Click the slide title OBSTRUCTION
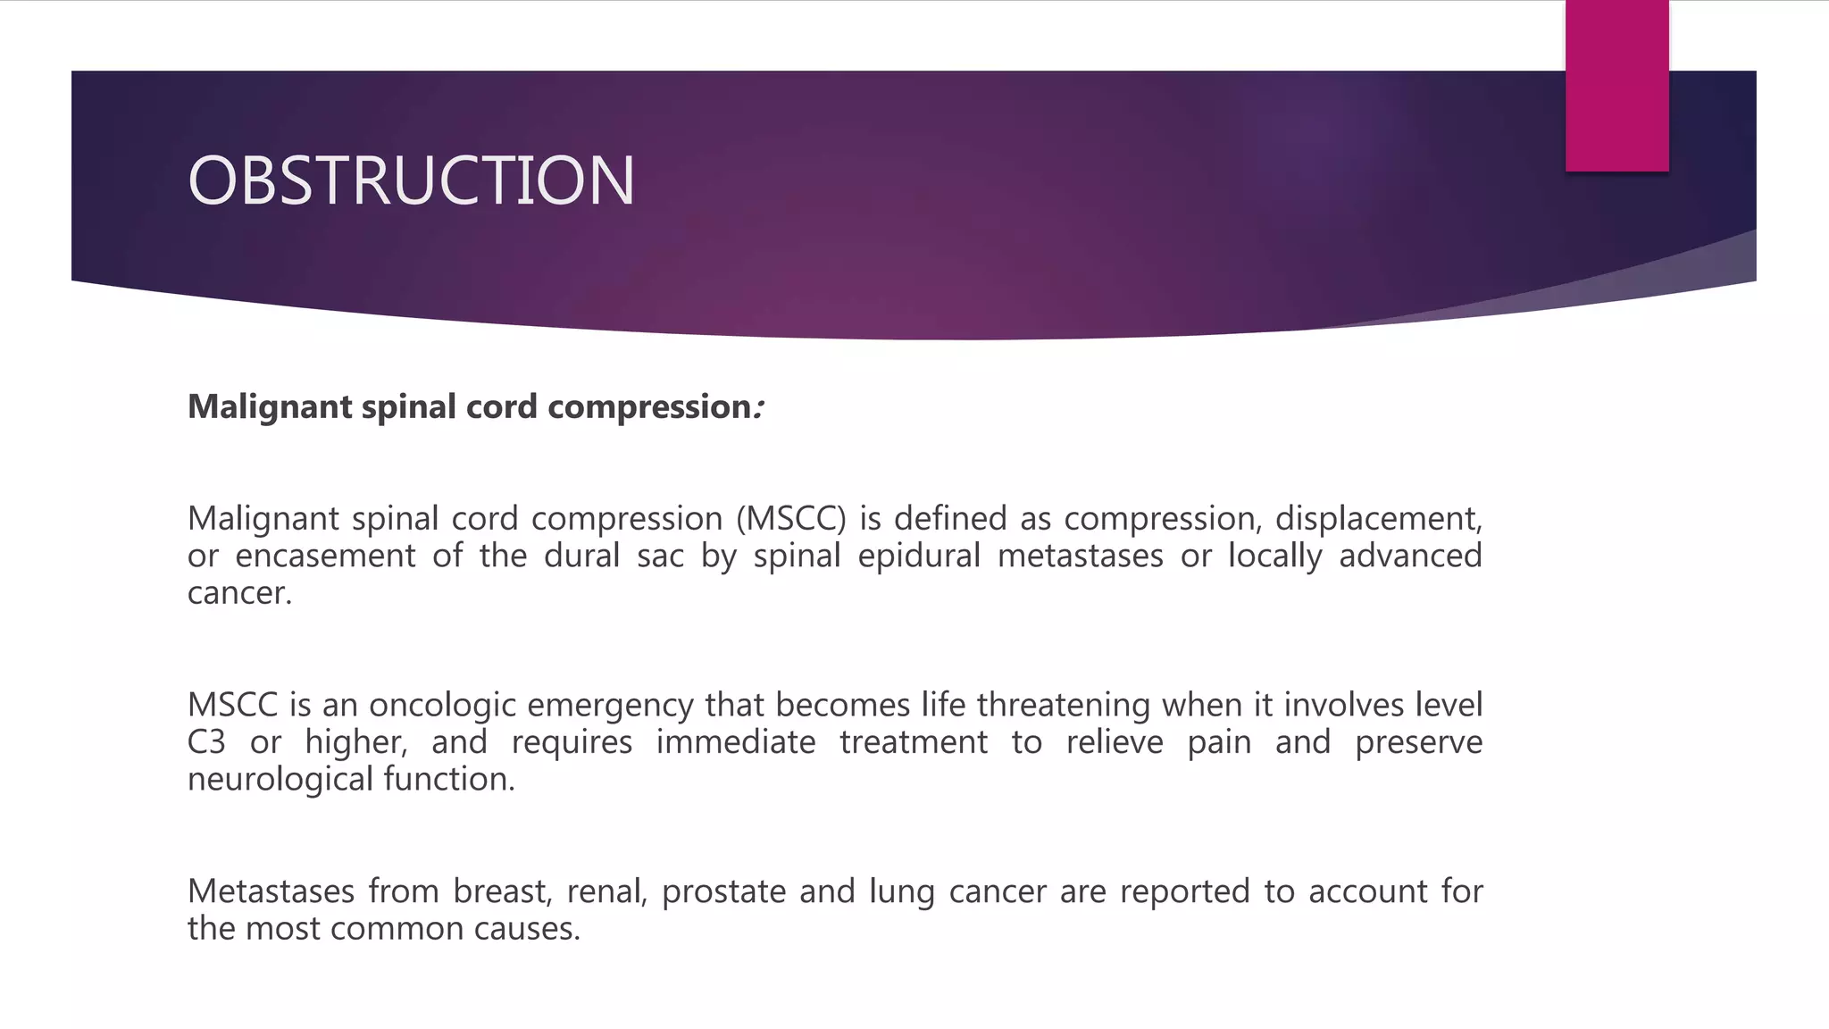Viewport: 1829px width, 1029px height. pyautogui.click(x=411, y=180)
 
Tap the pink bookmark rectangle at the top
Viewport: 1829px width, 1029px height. pyautogui.click(x=1616, y=86)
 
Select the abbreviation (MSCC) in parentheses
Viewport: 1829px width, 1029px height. pyautogui.click(x=791, y=519)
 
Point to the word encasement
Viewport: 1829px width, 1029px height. pyautogui.click(x=325, y=556)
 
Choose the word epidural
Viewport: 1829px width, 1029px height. pyautogui.click(x=919, y=556)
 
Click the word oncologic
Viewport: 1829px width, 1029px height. pyautogui.click(x=442, y=706)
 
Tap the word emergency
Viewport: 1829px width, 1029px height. pyautogui.click(x=610, y=706)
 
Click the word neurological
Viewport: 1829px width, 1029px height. pyautogui.click(x=280, y=780)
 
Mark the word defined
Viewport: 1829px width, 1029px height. pyautogui.click(x=952, y=519)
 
